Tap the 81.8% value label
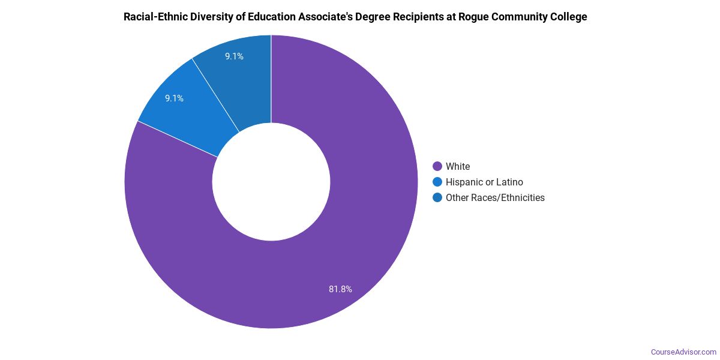(x=340, y=289)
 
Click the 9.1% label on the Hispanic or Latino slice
(x=174, y=98)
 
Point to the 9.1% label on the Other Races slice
(x=234, y=56)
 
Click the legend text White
(x=458, y=166)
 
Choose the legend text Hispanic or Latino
(x=484, y=182)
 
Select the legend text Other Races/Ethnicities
(x=495, y=197)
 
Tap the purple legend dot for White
(x=437, y=166)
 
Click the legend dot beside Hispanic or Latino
(x=437, y=182)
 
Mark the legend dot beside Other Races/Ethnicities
(x=437, y=197)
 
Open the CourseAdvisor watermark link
(x=683, y=352)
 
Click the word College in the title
(x=569, y=17)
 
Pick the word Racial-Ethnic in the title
(x=157, y=17)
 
